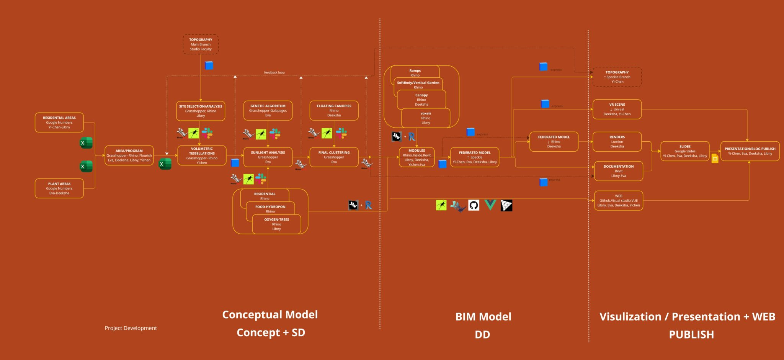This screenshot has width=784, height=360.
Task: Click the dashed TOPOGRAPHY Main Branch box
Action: click(x=201, y=44)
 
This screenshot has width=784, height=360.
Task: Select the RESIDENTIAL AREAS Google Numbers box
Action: click(x=59, y=123)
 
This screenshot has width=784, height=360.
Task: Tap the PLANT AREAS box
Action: click(x=59, y=188)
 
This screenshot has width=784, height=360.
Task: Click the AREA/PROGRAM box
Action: click(x=129, y=155)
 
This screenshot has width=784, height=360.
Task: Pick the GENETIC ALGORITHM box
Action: click(x=268, y=111)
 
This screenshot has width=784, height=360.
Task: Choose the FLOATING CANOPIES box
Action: click(x=334, y=111)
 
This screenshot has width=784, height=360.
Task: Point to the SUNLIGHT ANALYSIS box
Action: click(x=268, y=157)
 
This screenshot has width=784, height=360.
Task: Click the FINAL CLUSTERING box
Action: click(x=334, y=157)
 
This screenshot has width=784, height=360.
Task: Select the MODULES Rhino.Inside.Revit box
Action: click(x=416, y=157)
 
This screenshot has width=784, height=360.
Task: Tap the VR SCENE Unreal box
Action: click(x=617, y=109)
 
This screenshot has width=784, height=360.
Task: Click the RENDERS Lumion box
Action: click(x=617, y=142)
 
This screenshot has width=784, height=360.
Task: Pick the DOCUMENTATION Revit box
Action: click(x=619, y=171)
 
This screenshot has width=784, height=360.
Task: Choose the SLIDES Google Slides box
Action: click(x=685, y=151)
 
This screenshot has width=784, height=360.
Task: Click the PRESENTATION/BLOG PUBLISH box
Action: click(x=750, y=151)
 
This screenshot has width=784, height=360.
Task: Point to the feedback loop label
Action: click(x=274, y=72)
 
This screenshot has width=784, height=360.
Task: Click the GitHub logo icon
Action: click(x=474, y=205)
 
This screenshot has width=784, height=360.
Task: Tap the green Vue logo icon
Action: click(x=490, y=205)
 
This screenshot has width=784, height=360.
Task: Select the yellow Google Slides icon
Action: click(x=715, y=158)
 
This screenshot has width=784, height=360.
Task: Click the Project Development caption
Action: click(x=131, y=328)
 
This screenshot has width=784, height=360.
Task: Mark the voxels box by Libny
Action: click(x=426, y=118)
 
